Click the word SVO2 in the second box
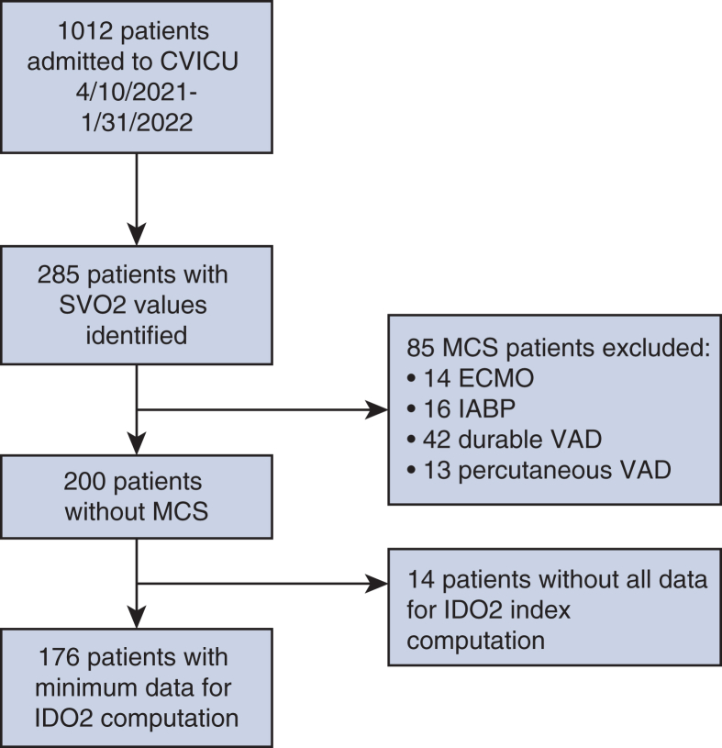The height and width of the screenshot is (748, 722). coord(86,306)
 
